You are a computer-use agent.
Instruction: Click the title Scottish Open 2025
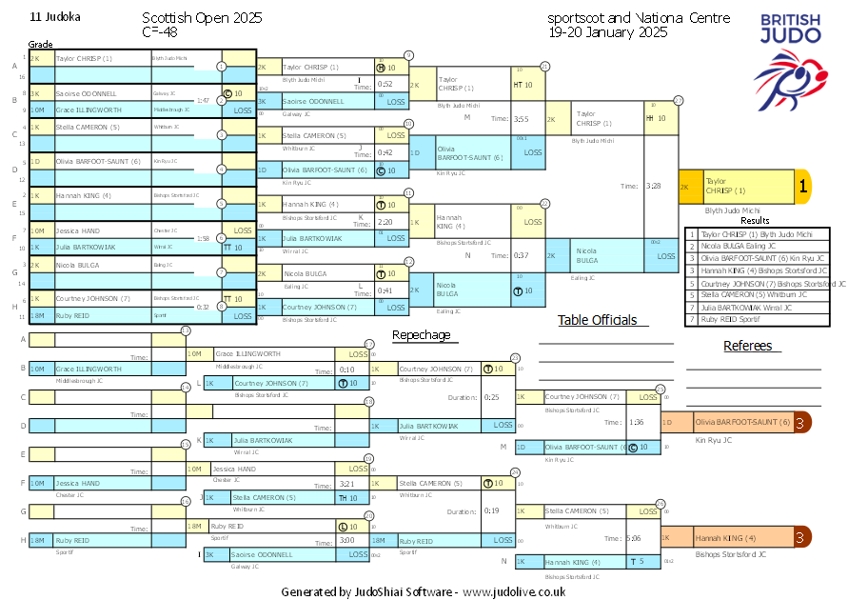click(x=202, y=18)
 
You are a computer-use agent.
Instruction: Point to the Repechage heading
click(x=421, y=335)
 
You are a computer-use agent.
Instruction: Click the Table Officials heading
click(x=597, y=320)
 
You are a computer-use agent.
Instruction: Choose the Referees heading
click(x=747, y=346)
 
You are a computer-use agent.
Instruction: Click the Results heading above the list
click(x=755, y=221)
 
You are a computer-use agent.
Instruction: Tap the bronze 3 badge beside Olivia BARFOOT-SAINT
click(x=802, y=422)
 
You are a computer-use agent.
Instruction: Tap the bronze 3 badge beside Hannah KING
click(x=802, y=538)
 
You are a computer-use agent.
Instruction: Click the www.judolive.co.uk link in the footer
click(x=515, y=591)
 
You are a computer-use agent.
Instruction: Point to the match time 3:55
click(x=521, y=119)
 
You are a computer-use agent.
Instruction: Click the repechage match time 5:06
click(x=634, y=538)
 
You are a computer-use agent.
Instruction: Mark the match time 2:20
click(x=386, y=221)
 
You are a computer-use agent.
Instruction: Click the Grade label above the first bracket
click(x=40, y=45)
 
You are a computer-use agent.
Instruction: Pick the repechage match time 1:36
click(x=637, y=422)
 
